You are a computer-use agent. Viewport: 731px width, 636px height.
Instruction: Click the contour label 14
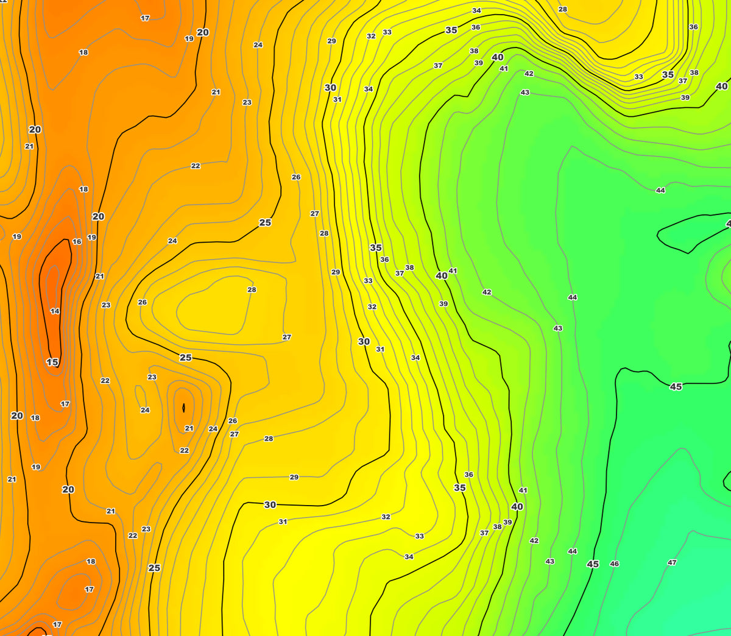tap(55, 311)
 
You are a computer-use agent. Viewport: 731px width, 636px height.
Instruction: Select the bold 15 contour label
tap(52, 362)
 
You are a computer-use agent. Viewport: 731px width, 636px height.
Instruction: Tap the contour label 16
tap(77, 242)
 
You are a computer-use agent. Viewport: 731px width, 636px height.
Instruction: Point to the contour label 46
tap(615, 564)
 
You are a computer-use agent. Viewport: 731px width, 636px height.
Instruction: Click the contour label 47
tap(672, 563)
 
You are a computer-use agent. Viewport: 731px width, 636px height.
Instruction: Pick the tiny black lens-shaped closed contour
tap(183, 408)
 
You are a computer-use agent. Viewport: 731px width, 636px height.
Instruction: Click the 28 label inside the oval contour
tap(252, 290)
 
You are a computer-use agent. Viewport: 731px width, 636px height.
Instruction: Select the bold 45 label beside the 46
tap(593, 564)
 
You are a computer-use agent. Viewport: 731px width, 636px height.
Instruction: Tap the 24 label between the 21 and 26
tap(213, 429)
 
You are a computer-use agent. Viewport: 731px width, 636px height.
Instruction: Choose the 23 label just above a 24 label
tap(152, 377)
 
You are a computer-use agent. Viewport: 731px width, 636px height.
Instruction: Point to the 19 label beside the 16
tap(91, 238)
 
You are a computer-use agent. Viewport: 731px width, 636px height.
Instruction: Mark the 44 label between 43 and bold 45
tap(573, 551)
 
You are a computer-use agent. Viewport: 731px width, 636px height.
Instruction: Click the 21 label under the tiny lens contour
tap(189, 428)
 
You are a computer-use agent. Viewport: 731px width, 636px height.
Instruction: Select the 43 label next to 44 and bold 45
tap(550, 562)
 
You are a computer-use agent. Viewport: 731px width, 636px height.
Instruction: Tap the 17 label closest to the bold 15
tap(65, 404)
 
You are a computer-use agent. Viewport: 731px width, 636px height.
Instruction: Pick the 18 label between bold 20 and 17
tap(35, 418)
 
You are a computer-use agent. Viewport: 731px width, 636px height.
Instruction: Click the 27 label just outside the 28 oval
tap(286, 337)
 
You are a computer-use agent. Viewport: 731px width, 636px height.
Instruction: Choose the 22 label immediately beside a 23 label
tap(133, 535)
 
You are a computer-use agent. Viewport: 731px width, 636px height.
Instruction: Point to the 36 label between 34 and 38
tap(476, 27)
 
